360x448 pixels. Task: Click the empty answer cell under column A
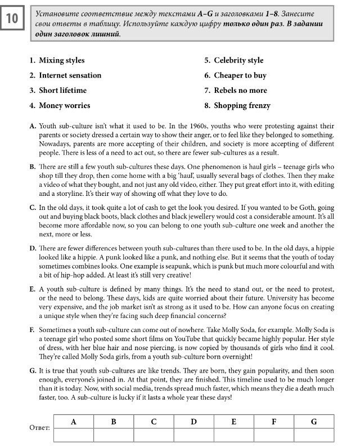click(73, 434)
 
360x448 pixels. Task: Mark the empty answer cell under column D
click(193, 434)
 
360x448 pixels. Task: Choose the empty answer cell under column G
click(314, 434)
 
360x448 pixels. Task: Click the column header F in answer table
click(274, 422)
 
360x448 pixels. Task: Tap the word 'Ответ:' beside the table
click(39, 428)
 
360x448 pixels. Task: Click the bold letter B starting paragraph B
click(32, 167)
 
